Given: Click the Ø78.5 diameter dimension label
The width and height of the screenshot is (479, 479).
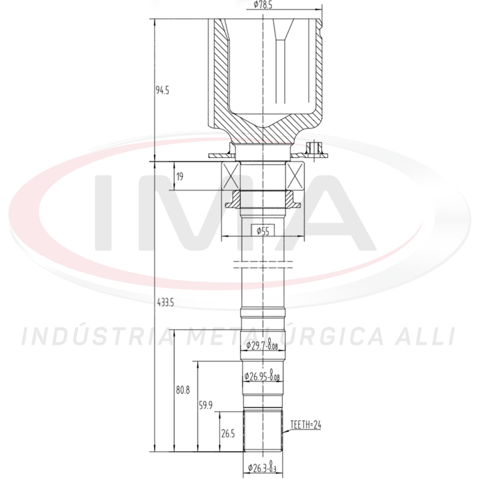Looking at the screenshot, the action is [263, 4].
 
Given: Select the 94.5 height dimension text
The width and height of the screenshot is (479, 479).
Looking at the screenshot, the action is [162, 90].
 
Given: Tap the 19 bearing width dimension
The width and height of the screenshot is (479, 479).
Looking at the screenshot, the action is [180, 176].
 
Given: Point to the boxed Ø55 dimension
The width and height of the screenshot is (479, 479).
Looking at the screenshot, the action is [263, 230].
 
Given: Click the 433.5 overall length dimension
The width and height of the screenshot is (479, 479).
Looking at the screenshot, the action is [165, 303].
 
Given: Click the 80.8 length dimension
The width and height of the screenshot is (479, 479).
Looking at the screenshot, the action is [183, 390].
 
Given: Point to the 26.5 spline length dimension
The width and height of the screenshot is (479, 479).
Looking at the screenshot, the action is [228, 434].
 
